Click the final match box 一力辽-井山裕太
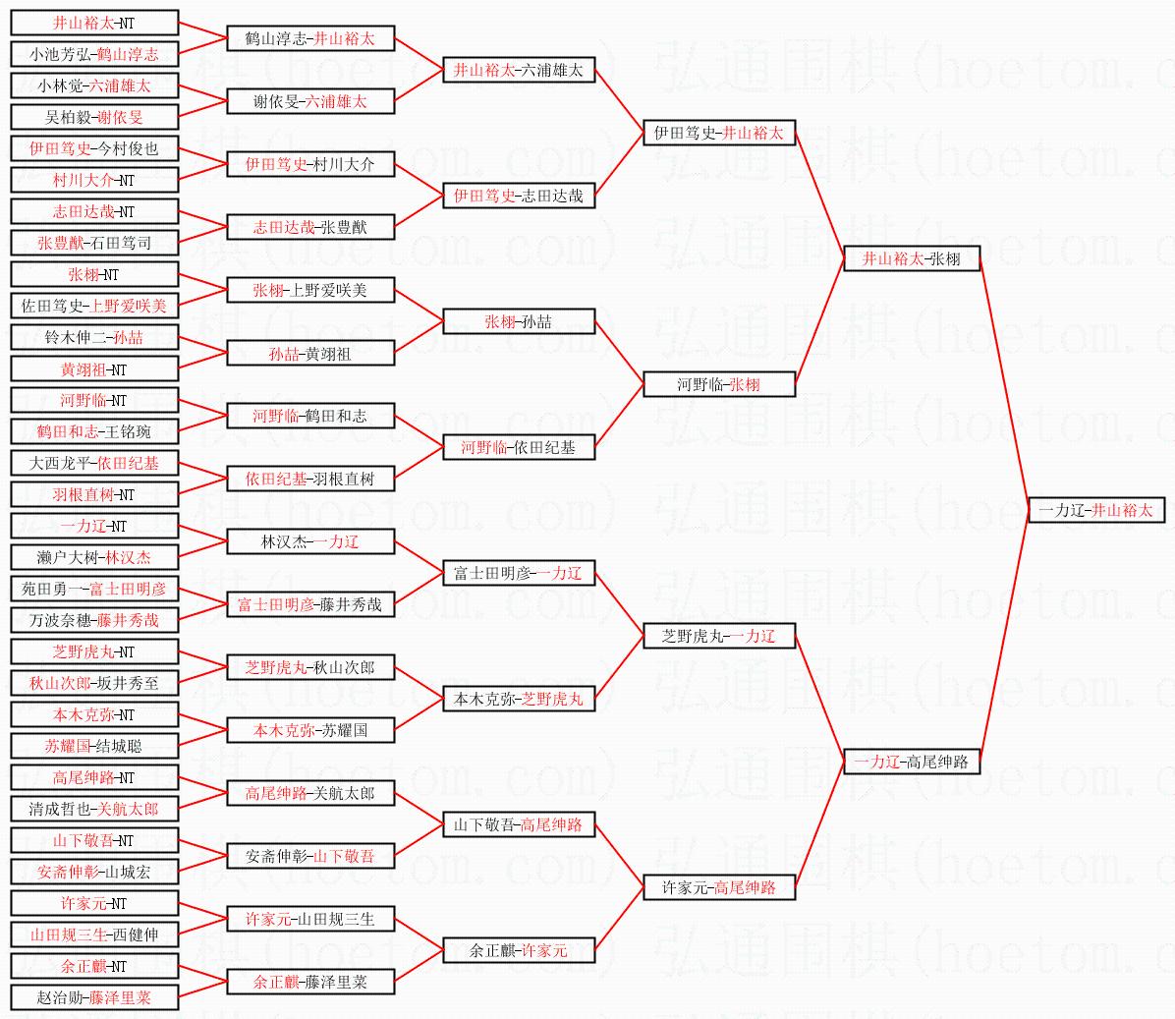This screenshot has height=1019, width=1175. pyautogui.click(x=1095, y=510)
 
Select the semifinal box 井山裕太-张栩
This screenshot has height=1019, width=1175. pyautogui.click(x=912, y=259)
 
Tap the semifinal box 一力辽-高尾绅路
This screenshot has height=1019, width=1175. pyautogui.click(x=912, y=762)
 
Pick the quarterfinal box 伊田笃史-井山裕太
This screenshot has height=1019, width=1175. pyautogui.click(x=719, y=133)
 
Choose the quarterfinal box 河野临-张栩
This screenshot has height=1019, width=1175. pyautogui.click(x=719, y=384)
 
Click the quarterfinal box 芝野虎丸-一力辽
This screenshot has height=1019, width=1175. pyautogui.click(x=719, y=636)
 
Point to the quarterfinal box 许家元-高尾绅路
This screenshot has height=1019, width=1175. pyautogui.click(x=719, y=887)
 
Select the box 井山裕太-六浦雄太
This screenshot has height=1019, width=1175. pyautogui.click(x=519, y=70)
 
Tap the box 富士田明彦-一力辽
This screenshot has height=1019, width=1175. pyautogui.click(x=519, y=573)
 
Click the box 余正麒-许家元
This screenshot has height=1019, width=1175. pyautogui.click(x=519, y=950)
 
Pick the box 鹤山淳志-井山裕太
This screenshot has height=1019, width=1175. pyautogui.click(x=310, y=39)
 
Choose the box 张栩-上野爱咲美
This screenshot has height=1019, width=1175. pyautogui.click(x=310, y=290)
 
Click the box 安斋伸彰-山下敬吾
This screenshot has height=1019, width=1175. pyautogui.click(x=310, y=856)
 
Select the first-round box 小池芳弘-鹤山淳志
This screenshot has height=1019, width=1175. pyautogui.click(x=94, y=54)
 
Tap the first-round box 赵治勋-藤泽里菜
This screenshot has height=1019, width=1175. pyautogui.click(x=94, y=997)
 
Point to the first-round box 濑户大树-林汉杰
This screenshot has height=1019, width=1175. pyautogui.click(x=94, y=557)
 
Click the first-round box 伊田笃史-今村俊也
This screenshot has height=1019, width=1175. pyautogui.click(x=94, y=148)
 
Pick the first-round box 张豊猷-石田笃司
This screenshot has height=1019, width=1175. pyautogui.click(x=94, y=243)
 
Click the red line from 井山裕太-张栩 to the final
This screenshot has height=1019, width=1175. pyautogui.click(x=1004, y=383)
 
